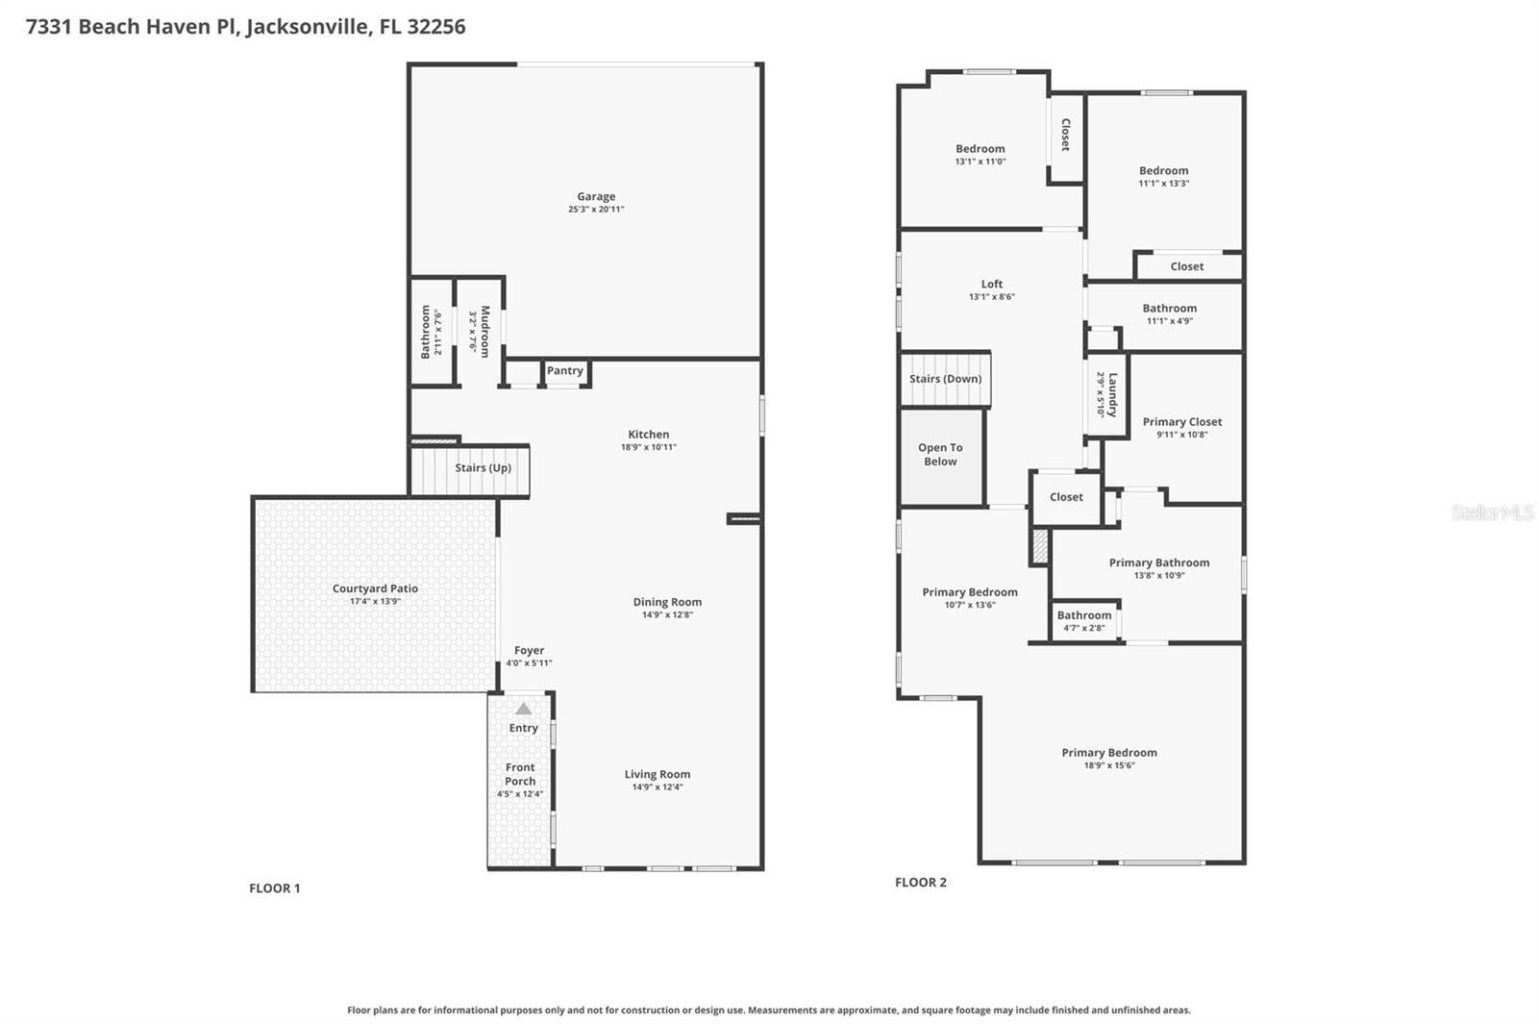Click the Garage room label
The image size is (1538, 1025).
point(596,196)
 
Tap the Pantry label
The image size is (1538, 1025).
point(565,370)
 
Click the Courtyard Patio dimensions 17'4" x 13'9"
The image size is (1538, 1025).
point(375,602)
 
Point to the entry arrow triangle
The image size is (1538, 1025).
point(523,709)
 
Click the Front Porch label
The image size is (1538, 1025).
point(520,774)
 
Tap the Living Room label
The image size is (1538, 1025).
point(657,774)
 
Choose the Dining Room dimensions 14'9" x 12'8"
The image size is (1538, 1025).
point(667,615)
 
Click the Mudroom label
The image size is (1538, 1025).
point(485,331)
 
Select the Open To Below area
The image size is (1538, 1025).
point(941,456)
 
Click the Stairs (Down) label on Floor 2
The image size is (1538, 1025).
point(946,379)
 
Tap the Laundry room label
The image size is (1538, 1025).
point(1112,394)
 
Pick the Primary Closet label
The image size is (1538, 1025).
point(1182,421)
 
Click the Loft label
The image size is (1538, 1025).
point(992,284)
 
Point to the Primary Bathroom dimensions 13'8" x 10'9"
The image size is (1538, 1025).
point(1159,576)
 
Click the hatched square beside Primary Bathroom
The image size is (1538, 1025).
point(1039,545)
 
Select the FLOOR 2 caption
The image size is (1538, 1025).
point(921,883)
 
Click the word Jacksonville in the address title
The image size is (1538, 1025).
point(308,26)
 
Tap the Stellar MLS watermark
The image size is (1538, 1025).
point(1492,512)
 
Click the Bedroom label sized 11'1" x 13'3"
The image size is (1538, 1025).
point(1163,170)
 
